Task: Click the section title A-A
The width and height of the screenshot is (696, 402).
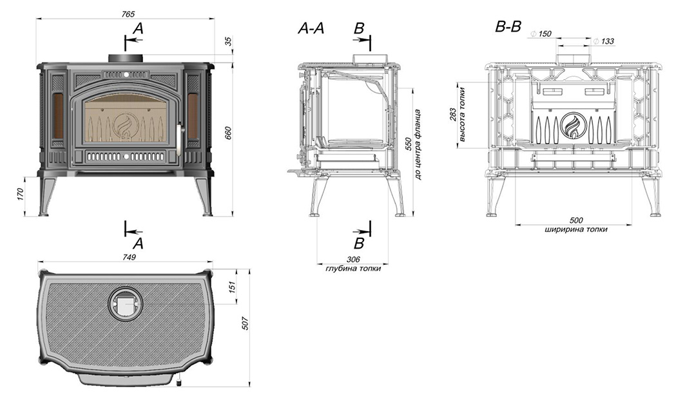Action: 311,28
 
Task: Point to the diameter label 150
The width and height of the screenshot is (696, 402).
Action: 545,33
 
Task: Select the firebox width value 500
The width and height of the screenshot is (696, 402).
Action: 577,220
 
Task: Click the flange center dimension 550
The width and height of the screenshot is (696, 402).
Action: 408,143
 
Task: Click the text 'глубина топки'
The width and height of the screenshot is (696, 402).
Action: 353,269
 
